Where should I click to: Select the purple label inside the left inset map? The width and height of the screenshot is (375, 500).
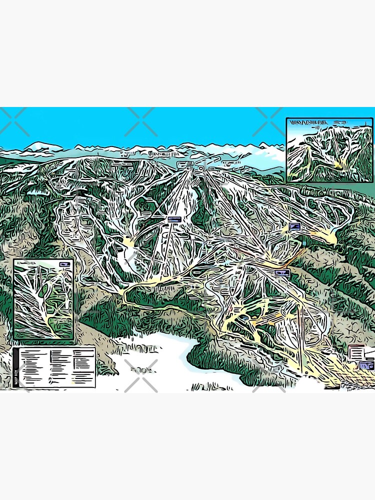point(63,264)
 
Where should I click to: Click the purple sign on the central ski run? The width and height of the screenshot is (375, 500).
point(174,219)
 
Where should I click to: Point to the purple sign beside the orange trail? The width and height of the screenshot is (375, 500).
point(282,272)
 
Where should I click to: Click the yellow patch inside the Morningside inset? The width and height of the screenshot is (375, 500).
point(339,164)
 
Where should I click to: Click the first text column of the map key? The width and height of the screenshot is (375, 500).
point(33,367)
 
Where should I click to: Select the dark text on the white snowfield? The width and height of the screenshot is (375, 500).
point(141,370)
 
